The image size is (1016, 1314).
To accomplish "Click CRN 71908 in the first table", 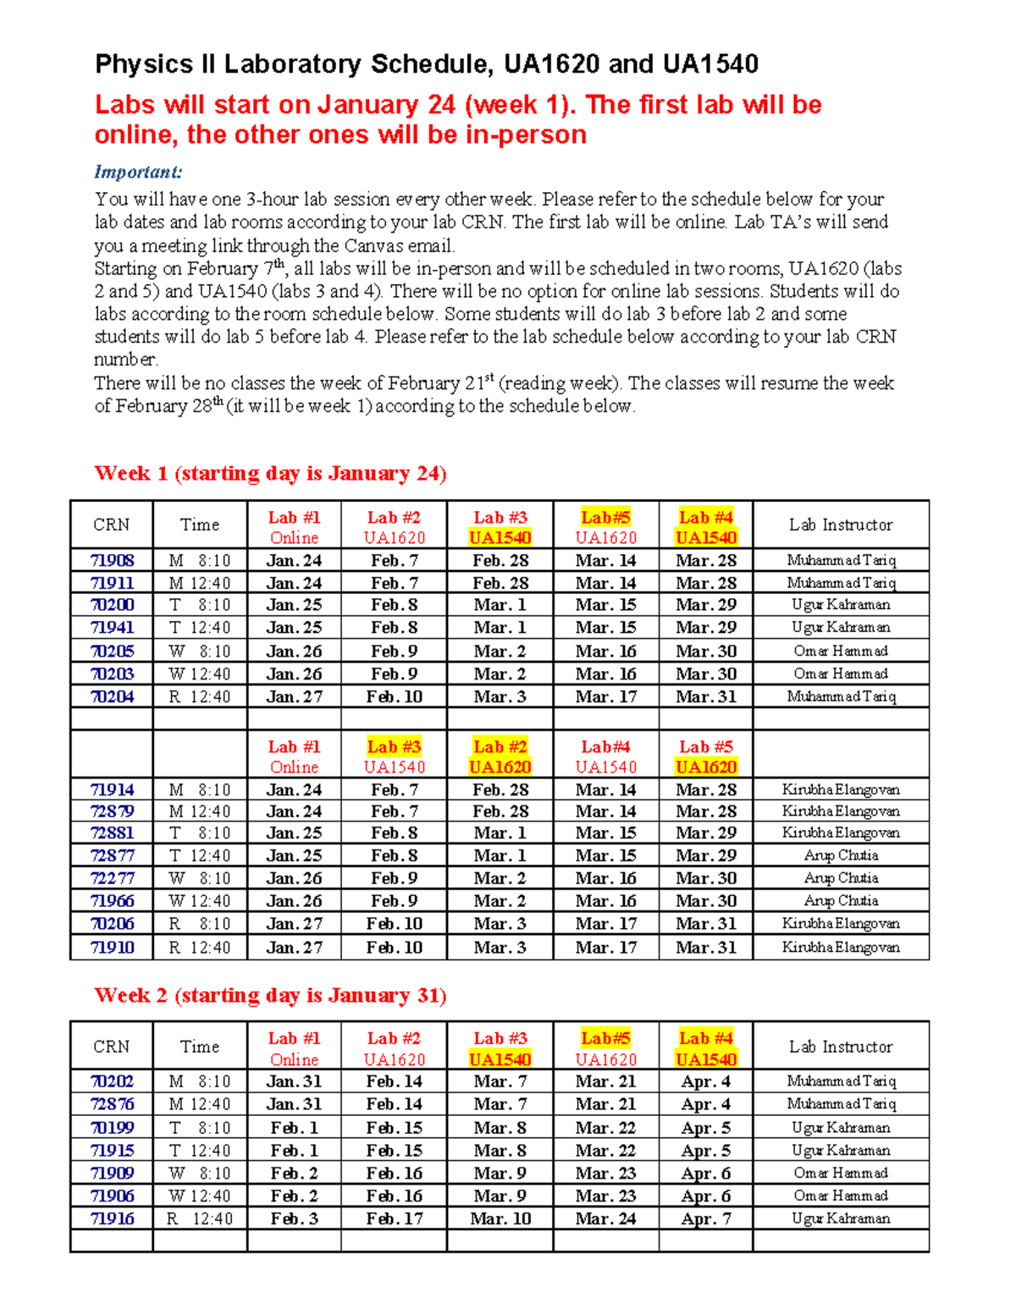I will coord(112,560).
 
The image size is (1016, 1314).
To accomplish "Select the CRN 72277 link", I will coord(112,878).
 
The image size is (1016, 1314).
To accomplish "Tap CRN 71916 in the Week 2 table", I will coord(112,1218).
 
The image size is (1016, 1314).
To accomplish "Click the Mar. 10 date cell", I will coord(500,1218).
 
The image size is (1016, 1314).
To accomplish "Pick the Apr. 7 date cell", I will coord(705,1218).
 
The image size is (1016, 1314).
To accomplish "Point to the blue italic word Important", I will coord(138,172).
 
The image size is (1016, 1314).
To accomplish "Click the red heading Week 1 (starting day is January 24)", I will coord(270,473).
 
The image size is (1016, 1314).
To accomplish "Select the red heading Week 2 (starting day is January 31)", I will coord(270,995).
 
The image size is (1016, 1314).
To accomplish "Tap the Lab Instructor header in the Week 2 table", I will coord(841,1047).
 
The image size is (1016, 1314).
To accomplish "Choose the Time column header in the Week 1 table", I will coord(200,525).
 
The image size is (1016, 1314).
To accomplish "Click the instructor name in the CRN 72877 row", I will coord(841,855).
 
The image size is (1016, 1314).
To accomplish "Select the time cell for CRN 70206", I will coord(200,924).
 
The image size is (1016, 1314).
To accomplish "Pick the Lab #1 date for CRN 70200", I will coord(294,605).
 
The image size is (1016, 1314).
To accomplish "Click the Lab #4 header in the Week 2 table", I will coord(705,1039).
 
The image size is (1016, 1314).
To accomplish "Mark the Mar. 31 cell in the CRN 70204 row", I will coord(705,696).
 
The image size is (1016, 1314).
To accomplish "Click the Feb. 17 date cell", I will coord(394,1218).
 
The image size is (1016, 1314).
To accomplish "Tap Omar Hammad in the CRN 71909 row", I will coord(841,1173).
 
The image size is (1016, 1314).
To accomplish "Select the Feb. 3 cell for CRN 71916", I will coord(294,1218).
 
